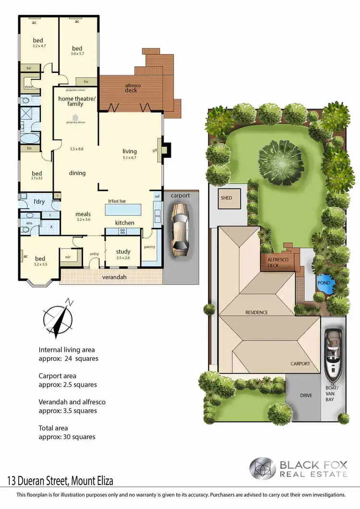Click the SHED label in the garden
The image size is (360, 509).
(x=226, y=198)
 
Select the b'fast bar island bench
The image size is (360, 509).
(x=124, y=210)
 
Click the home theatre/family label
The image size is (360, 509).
(x=77, y=101)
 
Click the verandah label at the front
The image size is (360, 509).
(x=114, y=278)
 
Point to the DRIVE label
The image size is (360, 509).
(x=306, y=395)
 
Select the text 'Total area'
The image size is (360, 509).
(x=53, y=428)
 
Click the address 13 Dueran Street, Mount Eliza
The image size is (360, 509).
(x=60, y=480)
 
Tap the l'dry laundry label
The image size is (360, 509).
(x=39, y=201)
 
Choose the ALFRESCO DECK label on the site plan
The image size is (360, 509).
(x=273, y=262)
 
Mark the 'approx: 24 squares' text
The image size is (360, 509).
(x=68, y=358)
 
